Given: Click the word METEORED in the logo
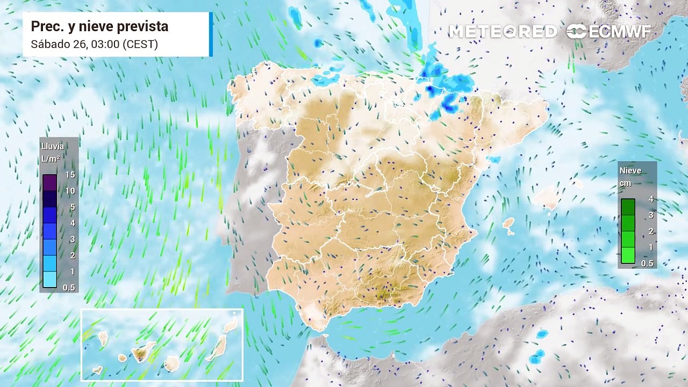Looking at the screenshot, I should click(503, 32).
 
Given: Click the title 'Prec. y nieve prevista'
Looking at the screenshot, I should click(99, 26).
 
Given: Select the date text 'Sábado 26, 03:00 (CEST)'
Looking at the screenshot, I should click(94, 44).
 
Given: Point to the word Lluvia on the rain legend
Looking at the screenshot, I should click(52, 146).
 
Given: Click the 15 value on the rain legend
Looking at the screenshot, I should click(69, 175).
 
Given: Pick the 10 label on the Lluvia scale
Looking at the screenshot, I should click(69, 191).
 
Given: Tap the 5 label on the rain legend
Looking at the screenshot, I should click(72, 207).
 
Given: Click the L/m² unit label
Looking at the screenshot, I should click(50, 159).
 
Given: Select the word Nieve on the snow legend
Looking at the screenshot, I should click(630, 170).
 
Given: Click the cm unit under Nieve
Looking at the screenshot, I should click(625, 183).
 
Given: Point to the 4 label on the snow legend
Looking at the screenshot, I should click(651, 199).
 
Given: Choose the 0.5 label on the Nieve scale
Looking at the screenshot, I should click(647, 263).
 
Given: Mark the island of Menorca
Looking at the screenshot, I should click(577, 184).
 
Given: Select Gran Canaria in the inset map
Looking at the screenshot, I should click(171, 363).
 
